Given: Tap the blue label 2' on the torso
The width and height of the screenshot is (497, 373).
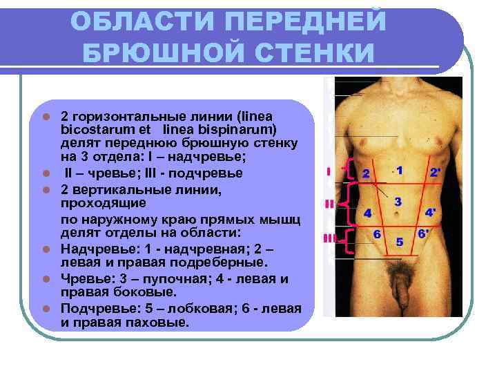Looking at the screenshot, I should coord(435,172).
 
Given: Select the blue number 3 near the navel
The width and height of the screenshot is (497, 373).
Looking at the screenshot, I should coord(398,202).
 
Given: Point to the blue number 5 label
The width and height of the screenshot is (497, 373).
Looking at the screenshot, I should coord(399,242).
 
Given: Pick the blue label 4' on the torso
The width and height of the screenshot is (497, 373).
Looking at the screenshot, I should coord(431,212).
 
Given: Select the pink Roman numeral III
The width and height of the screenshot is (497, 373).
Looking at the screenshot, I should coord(329,238).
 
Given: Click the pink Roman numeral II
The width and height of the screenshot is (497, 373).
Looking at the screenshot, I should coord(329,204).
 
